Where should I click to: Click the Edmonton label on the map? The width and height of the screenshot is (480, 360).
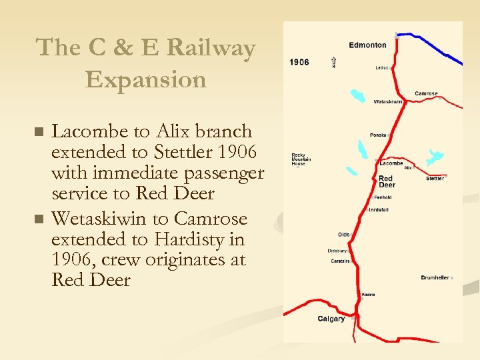point(367,45)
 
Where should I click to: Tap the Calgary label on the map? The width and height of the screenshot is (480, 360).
point(331,319)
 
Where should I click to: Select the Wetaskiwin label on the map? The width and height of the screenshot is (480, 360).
point(388,102)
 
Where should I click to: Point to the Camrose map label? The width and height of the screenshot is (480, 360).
point(426,93)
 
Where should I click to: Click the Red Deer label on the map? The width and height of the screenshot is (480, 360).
point(387,182)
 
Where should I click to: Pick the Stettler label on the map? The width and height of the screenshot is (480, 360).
point(435,179)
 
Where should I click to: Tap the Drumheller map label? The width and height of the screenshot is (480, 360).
point(435,277)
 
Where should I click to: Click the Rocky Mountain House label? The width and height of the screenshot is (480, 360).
point(301,159)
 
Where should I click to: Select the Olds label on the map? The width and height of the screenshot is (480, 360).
point(344,235)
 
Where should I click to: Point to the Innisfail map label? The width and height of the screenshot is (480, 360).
point(379,210)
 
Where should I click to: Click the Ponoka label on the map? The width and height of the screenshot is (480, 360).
point(379,135)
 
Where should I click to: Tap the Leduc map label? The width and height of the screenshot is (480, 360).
point(382,67)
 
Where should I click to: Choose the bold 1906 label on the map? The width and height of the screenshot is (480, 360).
point(299,62)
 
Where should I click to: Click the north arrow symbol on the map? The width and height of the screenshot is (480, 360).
point(333,63)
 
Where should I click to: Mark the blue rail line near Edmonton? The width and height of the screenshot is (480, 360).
point(433,50)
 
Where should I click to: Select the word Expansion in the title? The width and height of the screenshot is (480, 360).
point(146,79)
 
